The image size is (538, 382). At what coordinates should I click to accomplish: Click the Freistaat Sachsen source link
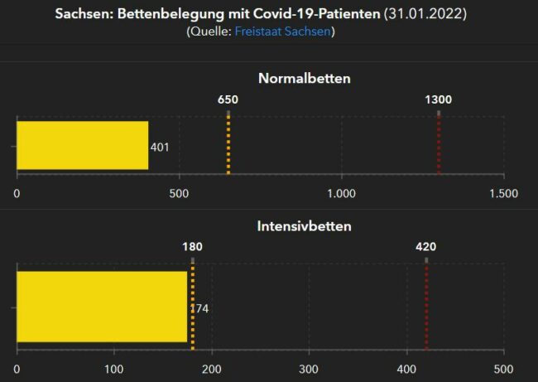283,31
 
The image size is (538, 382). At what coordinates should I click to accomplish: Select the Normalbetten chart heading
304,79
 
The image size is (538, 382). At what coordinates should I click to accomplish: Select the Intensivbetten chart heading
304,225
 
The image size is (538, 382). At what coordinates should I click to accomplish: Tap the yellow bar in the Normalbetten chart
82,146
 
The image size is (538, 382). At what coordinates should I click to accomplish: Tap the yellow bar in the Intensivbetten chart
101,306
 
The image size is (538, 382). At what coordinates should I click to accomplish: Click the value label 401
160,147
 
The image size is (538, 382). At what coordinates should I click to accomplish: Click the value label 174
199,308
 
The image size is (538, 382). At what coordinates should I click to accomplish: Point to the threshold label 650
228,99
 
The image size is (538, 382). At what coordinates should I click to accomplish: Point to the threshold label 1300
438,99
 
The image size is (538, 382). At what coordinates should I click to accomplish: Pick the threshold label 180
192,246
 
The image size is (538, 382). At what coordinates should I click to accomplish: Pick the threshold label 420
425,246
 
